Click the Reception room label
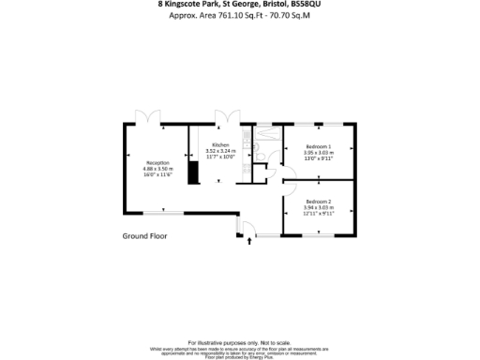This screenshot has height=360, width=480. (x=157, y=162)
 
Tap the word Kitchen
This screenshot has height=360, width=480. (x=220, y=144)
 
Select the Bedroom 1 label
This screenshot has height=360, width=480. (x=319, y=147)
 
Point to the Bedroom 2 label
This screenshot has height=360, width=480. (x=319, y=202)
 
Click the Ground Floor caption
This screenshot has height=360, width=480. (x=144, y=236)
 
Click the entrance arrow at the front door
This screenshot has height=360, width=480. (x=249, y=242)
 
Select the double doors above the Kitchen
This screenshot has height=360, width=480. (x=223, y=118)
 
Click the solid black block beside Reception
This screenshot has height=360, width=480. (x=191, y=173)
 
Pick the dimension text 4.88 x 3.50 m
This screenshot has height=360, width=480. (x=157, y=169)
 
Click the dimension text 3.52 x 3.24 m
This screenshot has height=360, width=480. (x=220, y=150)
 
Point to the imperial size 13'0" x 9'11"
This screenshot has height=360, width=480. (x=319, y=159)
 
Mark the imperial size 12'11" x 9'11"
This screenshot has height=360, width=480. (x=319, y=214)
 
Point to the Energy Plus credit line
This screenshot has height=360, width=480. (x=239, y=357)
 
